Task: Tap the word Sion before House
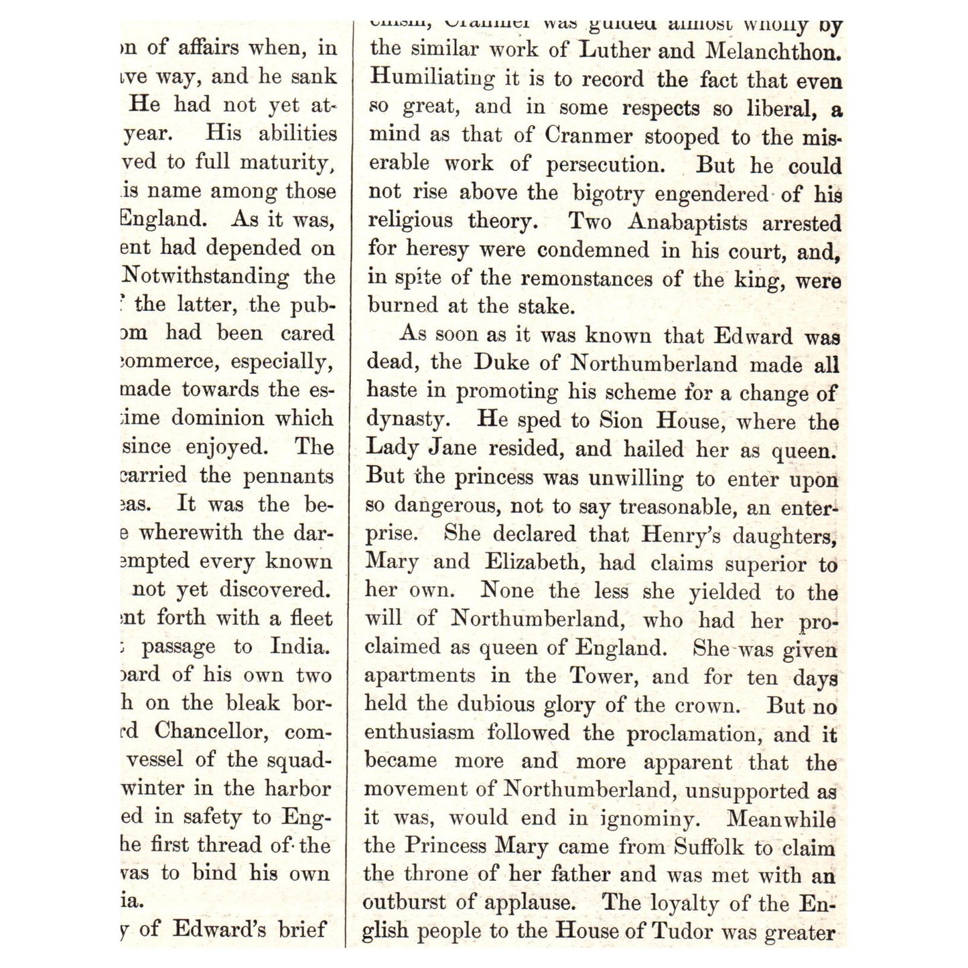[x=622, y=421]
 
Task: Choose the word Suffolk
[x=709, y=847]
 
